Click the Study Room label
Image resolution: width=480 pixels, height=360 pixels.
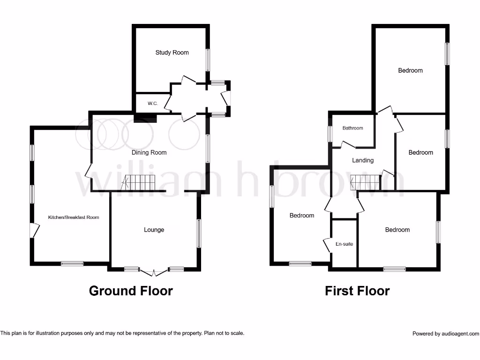click(x=172, y=52)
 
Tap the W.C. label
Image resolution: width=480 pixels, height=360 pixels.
click(x=153, y=103)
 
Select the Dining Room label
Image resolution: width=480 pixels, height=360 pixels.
click(x=149, y=152)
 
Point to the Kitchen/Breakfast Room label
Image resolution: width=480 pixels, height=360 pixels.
click(x=74, y=217)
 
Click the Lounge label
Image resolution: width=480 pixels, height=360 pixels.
click(x=154, y=230)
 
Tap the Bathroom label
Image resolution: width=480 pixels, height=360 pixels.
click(x=352, y=128)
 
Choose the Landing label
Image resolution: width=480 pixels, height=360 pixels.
click(x=363, y=160)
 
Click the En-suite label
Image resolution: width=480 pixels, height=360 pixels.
click(x=345, y=244)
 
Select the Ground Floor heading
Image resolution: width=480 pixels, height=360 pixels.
click(x=131, y=291)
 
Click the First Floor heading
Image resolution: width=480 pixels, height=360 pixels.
click(x=357, y=291)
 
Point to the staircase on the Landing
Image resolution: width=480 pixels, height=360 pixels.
click(x=365, y=181)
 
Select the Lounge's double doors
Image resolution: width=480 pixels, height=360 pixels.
click(x=154, y=271)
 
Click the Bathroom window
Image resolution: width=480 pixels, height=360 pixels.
click(x=330, y=134)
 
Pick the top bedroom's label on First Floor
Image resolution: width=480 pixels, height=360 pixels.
click(x=410, y=70)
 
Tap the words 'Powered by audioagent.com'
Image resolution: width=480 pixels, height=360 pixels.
click(x=445, y=334)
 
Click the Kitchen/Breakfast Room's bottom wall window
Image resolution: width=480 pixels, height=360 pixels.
click(x=72, y=264)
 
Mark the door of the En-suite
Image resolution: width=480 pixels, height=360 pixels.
click(x=326, y=246)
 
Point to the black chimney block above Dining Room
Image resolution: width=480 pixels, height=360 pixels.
click(x=142, y=118)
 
